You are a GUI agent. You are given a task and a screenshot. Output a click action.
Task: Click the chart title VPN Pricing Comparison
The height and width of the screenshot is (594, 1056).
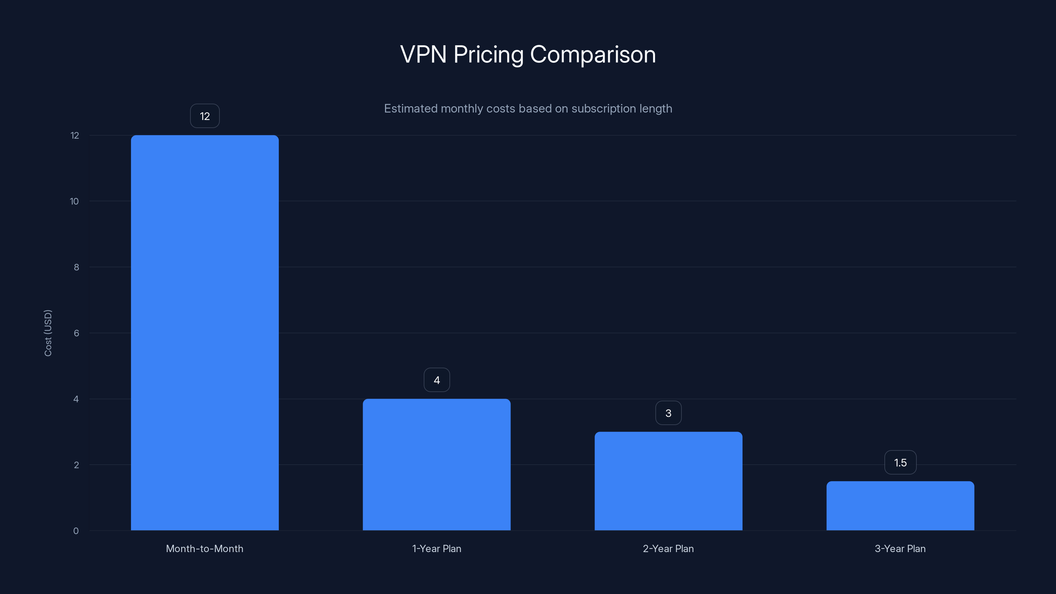tap(528, 54)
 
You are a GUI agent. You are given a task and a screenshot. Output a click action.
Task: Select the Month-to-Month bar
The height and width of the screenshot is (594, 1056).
tap(205, 332)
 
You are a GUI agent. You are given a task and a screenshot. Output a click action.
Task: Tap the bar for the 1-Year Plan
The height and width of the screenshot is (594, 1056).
tap(437, 464)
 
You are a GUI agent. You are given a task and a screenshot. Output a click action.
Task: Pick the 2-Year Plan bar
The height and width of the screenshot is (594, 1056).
tap(668, 481)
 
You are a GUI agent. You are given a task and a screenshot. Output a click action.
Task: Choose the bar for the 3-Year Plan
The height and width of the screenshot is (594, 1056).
tap(900, 506)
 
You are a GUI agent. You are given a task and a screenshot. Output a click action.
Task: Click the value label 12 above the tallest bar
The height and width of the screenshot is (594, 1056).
tap(205, 116)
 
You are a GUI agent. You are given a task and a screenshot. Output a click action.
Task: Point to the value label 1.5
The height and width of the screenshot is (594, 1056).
tap(900, 463)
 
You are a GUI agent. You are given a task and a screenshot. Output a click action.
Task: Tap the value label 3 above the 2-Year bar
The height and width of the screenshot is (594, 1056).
tap(668, 413)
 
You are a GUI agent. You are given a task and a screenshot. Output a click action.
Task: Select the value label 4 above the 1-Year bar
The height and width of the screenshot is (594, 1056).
tap(437, 380)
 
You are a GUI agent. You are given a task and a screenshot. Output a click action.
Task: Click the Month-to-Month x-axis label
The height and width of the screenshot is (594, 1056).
tap(205, 548)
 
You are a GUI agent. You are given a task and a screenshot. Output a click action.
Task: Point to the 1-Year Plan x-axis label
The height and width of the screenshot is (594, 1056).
tap(437, 548)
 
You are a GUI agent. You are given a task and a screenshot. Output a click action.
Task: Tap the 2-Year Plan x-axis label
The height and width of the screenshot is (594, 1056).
tap(668, 548)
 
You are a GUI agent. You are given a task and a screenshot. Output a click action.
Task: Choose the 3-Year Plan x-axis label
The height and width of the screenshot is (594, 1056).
tap(900, 548)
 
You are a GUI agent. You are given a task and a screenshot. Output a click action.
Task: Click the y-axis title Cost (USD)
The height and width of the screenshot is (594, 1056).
tap(48, 333)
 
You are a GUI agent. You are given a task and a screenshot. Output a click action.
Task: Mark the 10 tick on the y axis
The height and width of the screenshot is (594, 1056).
tap(74, 201)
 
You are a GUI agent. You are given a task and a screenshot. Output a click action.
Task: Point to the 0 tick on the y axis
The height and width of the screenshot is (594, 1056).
tap(76, 531)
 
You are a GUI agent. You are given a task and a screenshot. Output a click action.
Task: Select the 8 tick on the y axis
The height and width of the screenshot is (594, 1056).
tap(76, 267)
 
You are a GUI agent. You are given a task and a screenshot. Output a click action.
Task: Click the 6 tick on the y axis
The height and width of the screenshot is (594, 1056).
tap(76, 333)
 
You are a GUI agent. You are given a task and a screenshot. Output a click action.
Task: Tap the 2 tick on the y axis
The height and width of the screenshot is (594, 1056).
tap(76, 465)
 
